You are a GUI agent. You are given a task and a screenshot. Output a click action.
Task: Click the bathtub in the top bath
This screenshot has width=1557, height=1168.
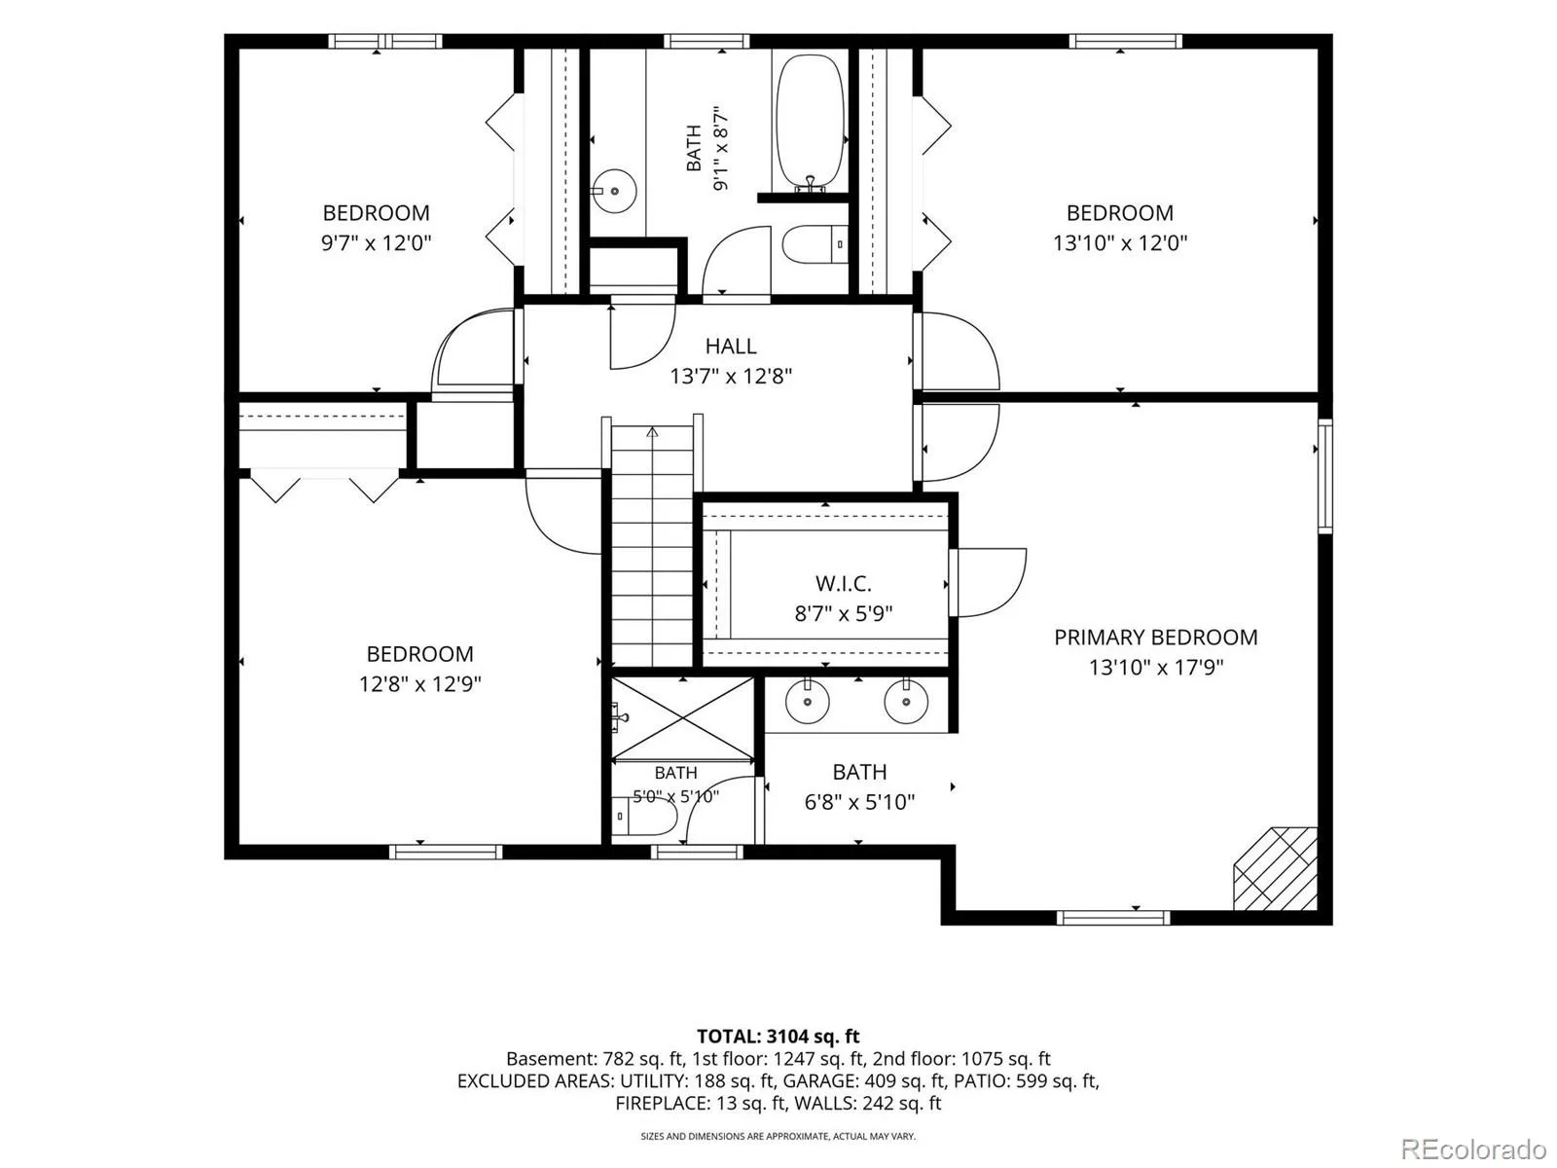pos(811,123)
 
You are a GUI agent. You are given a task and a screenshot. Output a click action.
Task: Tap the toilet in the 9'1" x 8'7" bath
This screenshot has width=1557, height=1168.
pos(815,244)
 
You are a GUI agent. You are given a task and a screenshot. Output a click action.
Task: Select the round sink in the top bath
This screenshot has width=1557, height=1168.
pos(614,191)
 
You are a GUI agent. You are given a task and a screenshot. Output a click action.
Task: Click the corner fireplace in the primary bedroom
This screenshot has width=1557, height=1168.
pos(1276,868)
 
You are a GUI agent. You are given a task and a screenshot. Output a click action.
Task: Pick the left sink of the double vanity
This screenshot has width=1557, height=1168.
pos(808,702)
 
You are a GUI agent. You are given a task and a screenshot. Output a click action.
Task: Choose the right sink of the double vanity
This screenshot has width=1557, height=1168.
pos(906,702)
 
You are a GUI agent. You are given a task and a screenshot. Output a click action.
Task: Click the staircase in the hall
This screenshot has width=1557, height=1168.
pos(652,545)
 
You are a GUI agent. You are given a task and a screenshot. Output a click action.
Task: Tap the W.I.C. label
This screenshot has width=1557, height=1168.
pos(844,583)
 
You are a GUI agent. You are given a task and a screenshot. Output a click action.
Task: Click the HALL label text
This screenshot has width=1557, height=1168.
pos(731,347)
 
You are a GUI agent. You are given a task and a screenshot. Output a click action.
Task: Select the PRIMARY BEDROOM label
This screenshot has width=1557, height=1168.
pos(1155,637)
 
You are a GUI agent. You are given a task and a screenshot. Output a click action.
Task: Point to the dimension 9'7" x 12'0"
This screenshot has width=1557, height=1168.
pos(376,243)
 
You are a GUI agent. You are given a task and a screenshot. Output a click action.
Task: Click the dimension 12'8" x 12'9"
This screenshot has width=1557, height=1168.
pos(420,683)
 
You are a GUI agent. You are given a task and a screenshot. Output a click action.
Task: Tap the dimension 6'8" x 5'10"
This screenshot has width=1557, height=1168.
pos(859,802)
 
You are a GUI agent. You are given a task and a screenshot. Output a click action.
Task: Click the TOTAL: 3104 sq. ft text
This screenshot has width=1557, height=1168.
pos(778,1036)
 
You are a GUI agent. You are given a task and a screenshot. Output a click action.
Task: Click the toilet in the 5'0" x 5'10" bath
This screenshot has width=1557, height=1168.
pos(644,816)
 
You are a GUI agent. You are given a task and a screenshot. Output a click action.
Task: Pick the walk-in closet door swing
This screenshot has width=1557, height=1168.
pos(988,582)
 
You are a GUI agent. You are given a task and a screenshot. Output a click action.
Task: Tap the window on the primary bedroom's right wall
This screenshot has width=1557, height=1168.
pos(1325,475)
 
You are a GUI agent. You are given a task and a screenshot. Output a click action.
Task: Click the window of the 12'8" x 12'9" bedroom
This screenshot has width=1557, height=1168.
pos(446,852)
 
